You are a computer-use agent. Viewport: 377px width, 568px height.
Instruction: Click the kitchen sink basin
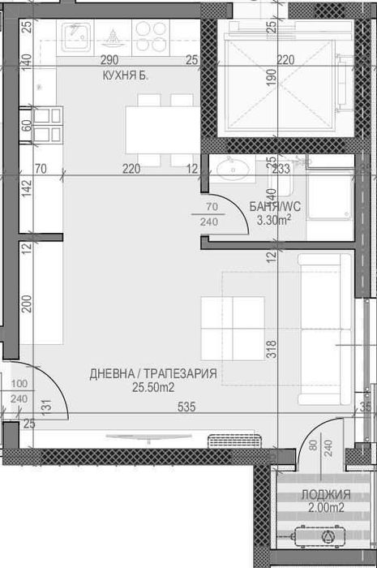click(75, 37)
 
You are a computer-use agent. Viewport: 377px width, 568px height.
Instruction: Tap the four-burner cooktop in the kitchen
click(151, 37)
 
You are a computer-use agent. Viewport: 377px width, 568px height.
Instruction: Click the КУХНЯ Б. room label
click(126, 75)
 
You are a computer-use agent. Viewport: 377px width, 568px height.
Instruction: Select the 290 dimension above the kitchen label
click(109, 60)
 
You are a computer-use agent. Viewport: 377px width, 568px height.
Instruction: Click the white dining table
click(163, 130)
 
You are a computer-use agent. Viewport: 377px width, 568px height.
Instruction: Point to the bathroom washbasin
click(233, 169)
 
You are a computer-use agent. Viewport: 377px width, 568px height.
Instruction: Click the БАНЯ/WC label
click(275, 206)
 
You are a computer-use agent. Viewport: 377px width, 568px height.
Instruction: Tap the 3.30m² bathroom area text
click(274, 220)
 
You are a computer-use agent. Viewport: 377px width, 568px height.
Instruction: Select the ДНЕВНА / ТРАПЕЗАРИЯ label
click(153, 373)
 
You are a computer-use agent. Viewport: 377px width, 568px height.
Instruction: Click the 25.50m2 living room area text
click(153, 387)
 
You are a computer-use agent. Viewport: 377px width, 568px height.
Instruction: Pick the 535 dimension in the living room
click(186, 407)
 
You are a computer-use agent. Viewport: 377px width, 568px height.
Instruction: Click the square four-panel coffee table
click(233, 328)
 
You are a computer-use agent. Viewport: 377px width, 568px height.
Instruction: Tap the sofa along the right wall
click(324, 329)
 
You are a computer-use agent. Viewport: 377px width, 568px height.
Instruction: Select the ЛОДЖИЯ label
click(326, 494)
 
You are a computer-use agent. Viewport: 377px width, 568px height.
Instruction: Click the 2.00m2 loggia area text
click(326, 507)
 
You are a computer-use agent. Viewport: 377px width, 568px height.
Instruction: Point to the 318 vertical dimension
click(272, 349)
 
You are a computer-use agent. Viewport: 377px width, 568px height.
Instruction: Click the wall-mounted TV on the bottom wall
click(148, 438)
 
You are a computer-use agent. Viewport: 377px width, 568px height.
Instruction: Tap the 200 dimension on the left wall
click(27, 303)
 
